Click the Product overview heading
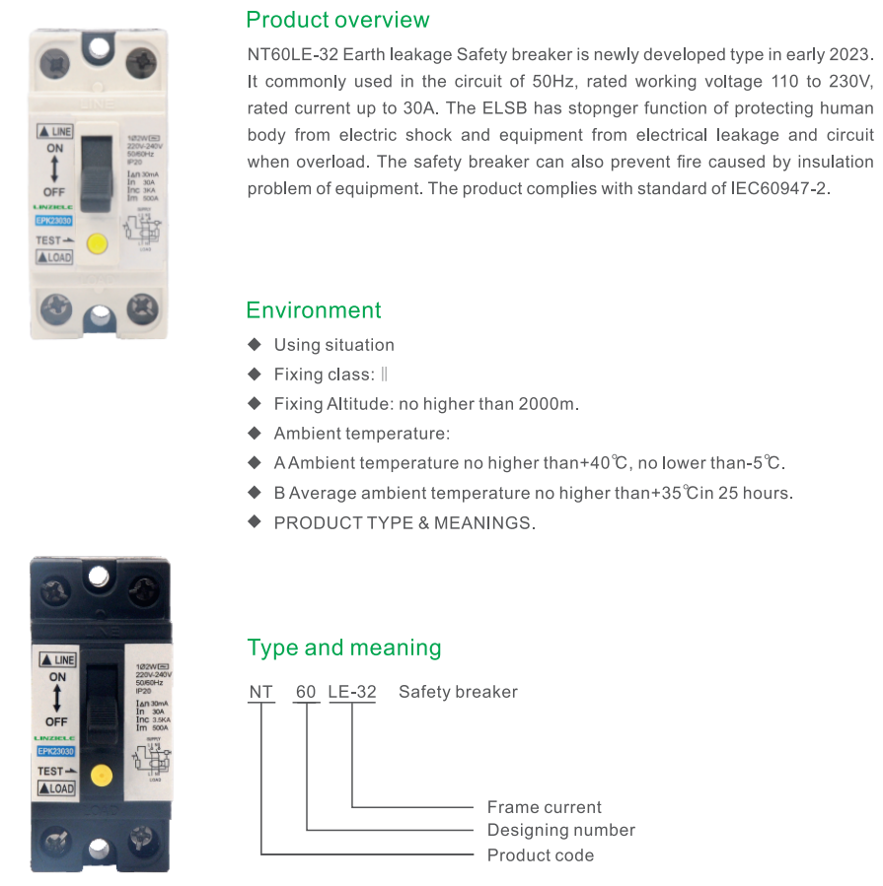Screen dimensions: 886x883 (x=337, y=20)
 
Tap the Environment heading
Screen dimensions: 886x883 (x=313, y=310)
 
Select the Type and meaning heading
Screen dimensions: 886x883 (x=343, y=647)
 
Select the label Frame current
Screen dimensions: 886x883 (x=544, y=807)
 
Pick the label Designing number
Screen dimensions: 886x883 (x=560, y=830)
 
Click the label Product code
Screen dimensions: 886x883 (x=540, y=854)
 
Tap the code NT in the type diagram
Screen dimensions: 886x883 (x=260, y=692)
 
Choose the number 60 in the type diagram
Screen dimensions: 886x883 (x=306, y=692)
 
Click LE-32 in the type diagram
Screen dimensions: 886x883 (x=352, y=692)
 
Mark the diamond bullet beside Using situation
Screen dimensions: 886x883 (x=255, y=344)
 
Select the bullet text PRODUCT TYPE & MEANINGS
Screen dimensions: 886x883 (x=405, y=523)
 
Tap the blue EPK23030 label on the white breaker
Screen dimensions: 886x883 (x=54, y=221)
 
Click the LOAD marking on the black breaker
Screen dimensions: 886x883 (x=56, y=788)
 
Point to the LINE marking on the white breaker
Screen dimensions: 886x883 (x=56, y=130)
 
